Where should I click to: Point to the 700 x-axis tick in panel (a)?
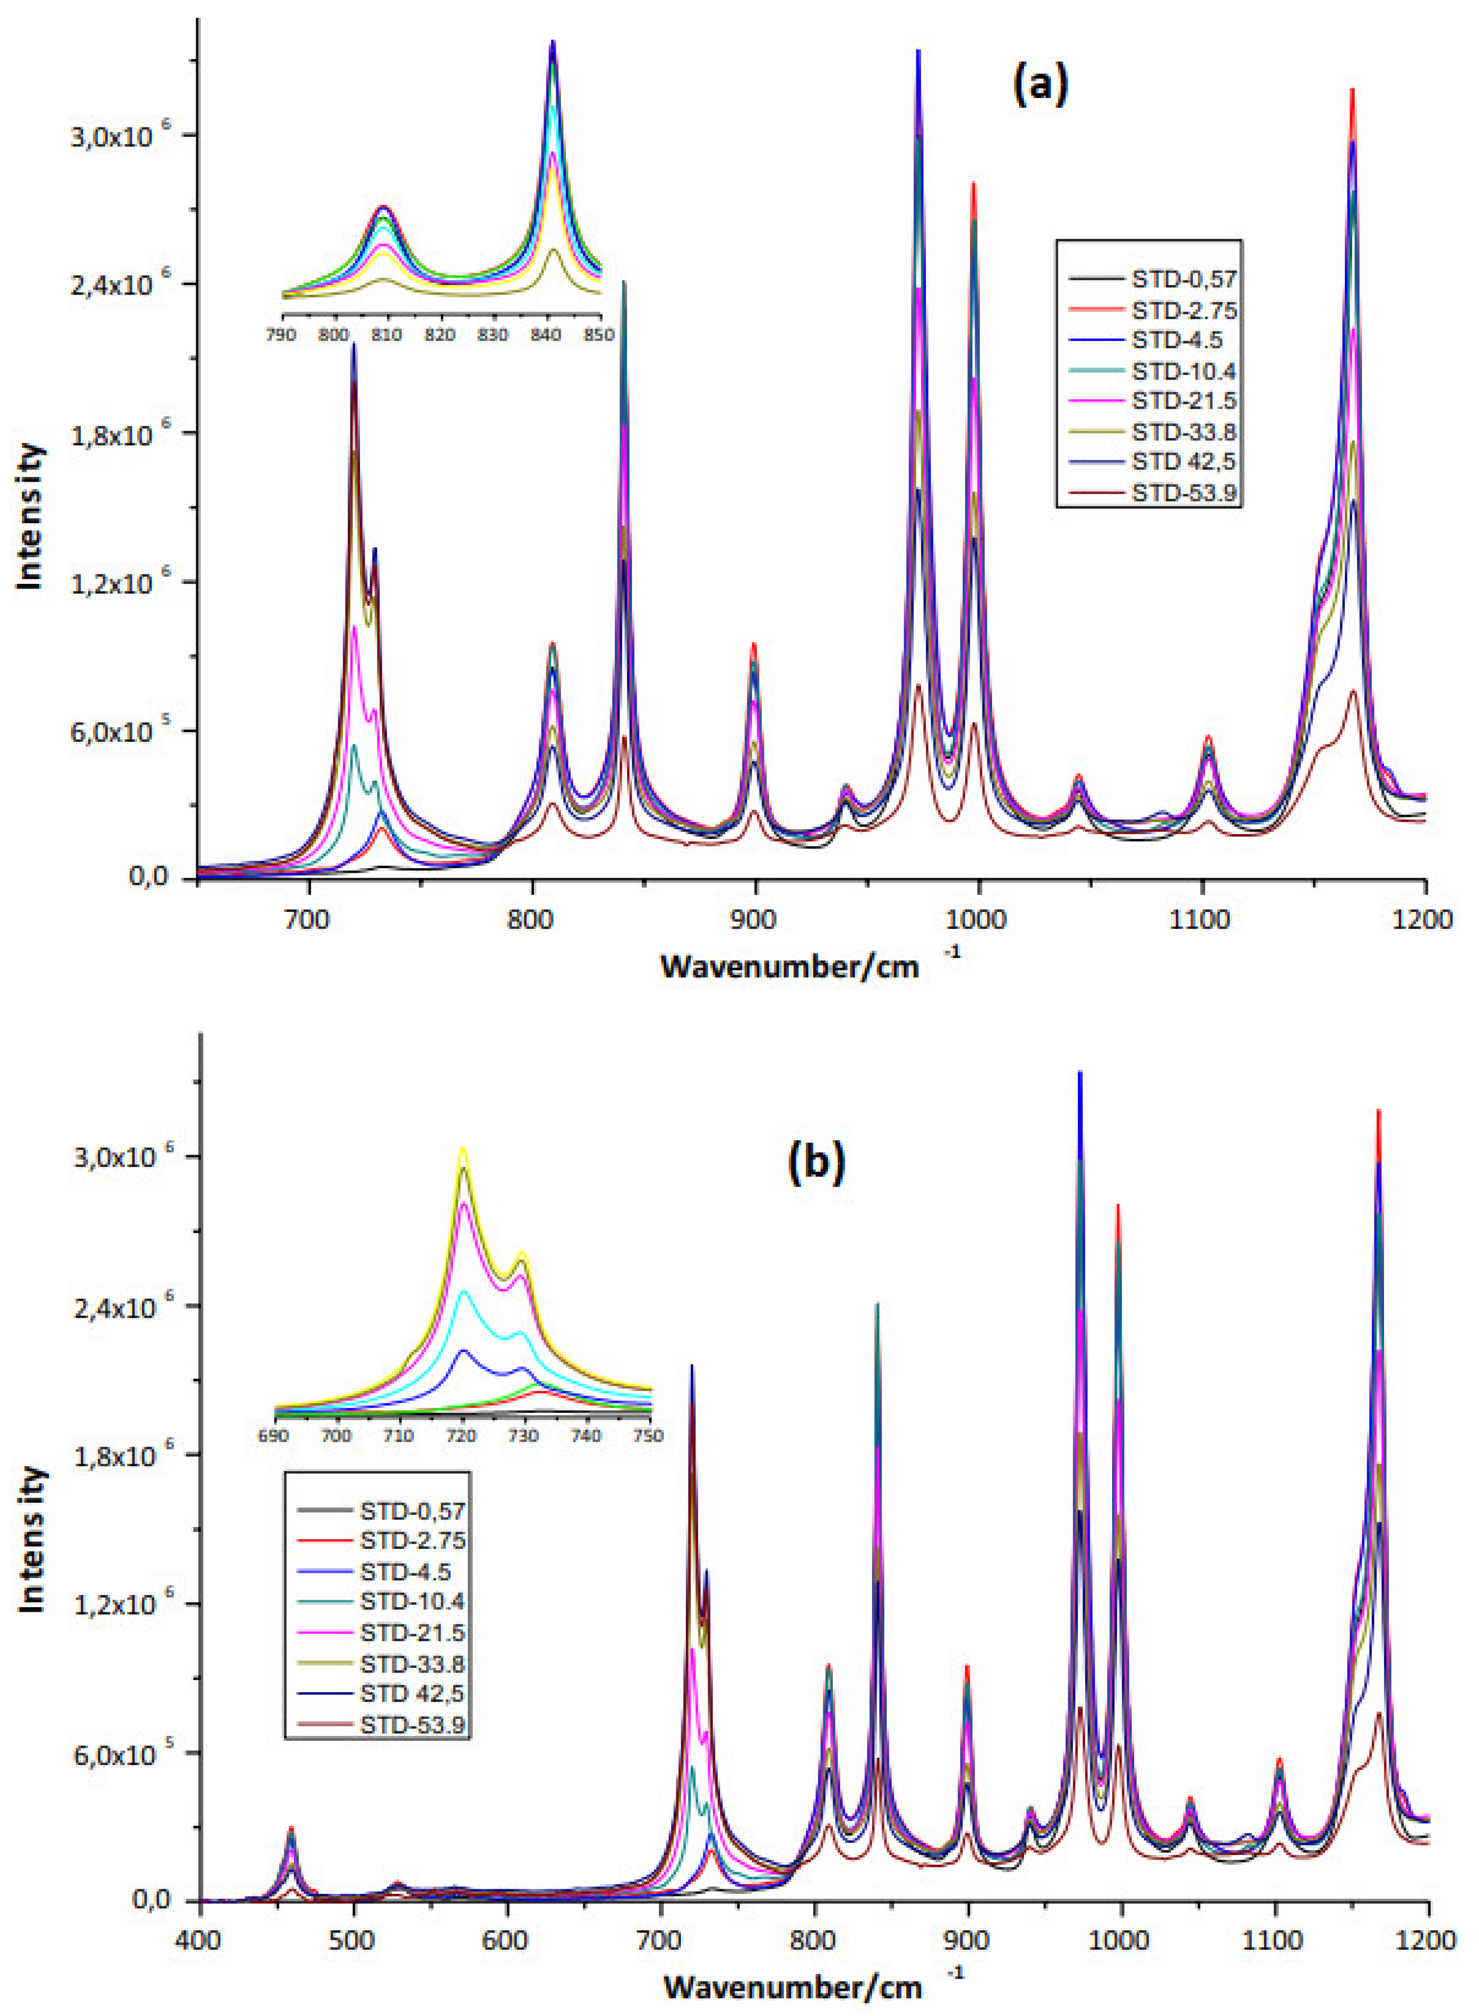point(309,919)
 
